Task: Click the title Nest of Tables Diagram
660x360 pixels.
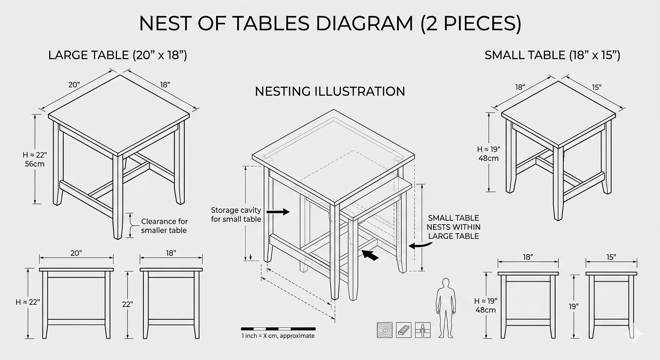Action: click(x=330, y=23)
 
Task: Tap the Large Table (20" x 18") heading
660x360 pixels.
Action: click(x=118, y=55)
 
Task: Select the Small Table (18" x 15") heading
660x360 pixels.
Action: click(x=553, y=55)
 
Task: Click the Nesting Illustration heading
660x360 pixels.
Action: click(x=330, y=91)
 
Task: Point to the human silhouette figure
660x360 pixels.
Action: click(x=446, y=308)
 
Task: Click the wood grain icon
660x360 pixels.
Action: click(x=384, y=330)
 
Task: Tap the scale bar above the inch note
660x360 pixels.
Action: click(x=278, y=329)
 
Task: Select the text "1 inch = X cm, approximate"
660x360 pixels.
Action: click(x=278, y=336)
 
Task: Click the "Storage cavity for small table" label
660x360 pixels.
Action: click(x=236, y=215)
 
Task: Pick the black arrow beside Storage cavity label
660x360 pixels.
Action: click(x=278, y=211)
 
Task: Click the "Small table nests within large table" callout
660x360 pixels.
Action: click(x=453, y=227)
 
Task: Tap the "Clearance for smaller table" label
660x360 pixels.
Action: click(x=164, y=225)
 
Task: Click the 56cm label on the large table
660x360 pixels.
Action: click(x=35, y=164)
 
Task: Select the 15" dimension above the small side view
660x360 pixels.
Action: click(x=611, y=257)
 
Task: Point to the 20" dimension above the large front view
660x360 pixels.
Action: click(x=76, y=253)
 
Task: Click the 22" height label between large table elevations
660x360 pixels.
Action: click(x=127, y=304)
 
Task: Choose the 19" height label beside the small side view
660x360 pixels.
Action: click(x=574, y=307)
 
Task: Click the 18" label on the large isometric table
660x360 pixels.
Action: click(x=165, y=85)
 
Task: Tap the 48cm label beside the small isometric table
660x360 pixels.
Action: click(x=488, y=158)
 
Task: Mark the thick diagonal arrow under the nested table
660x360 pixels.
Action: click(x=370, y=255)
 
